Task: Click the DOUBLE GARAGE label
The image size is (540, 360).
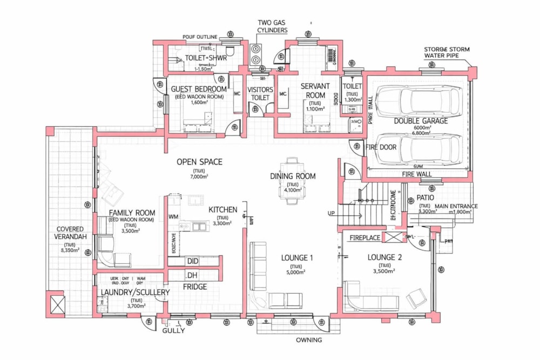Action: [x=421, y=121]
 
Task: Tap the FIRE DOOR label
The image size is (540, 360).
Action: [x=382, y=147]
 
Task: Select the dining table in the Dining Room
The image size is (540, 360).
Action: [x=292, y=181]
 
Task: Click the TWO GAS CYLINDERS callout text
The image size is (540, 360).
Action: [x=272, y=26]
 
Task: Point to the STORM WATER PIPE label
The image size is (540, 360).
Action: [x=447, y=52]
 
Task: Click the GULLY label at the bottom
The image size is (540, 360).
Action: [x=173, y=330]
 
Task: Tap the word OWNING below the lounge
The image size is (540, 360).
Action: [x=309, y=340]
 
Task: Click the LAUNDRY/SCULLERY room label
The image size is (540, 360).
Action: [x=136, y=293]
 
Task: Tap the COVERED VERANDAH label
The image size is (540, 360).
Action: [x=69, y=233]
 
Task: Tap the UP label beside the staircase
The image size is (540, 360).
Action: [x=331, y=214]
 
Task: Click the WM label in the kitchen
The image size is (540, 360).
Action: [x=173, y=216]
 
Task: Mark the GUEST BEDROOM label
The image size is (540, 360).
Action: [x=199, y=89]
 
